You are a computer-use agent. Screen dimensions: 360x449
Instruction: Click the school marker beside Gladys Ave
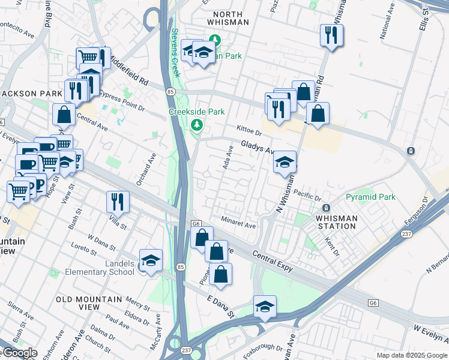(285, 161)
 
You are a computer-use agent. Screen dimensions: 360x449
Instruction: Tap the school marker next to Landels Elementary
(151, 260)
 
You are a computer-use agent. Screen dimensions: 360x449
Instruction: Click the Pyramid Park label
(370, 197)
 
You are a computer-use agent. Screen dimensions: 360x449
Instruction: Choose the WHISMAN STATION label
(336, 222)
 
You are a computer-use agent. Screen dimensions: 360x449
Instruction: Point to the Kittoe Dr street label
(250, 130)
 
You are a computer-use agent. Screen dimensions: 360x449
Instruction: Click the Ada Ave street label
(228, 157)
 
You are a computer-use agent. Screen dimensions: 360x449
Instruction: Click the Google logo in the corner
(19, 353)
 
